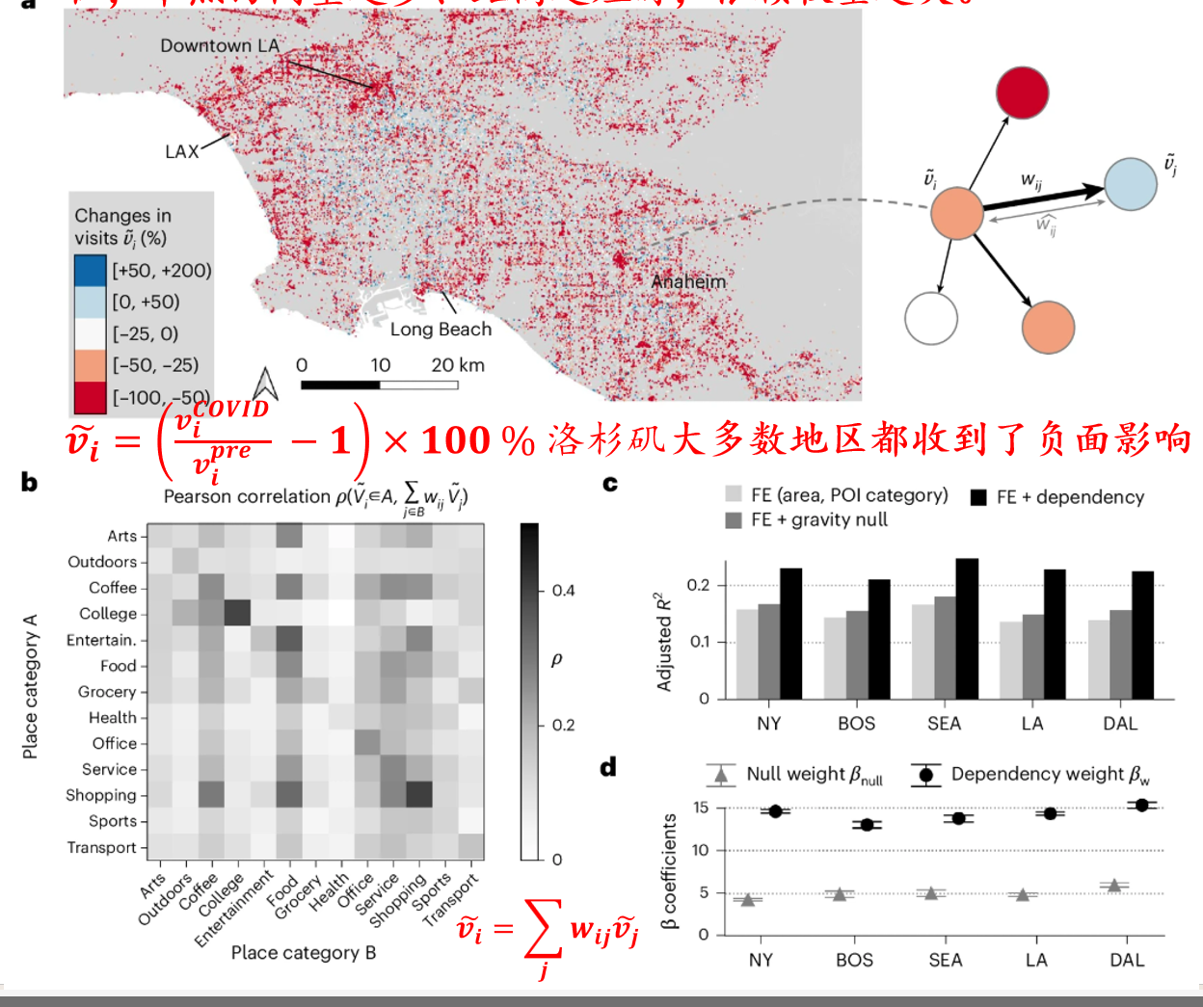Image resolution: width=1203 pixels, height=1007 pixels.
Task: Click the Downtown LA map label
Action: pyautogui.click(x=220, y=45)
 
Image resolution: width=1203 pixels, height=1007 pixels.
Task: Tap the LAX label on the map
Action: pyautogui.click(x=181, y=151)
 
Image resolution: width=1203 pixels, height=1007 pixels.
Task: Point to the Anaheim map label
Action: pyautogui.click(x=688, y=281)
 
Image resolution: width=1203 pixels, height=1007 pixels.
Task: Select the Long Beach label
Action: pyautogui.click(x=441, y=329)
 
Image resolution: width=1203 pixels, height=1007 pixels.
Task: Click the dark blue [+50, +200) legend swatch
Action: pyautogui.click(x=90, y=271)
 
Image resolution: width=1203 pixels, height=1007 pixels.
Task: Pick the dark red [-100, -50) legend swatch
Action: pyautogui.click(x=90, y=397)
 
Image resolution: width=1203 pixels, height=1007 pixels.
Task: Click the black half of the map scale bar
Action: pyautogui.click(x=340, y=384)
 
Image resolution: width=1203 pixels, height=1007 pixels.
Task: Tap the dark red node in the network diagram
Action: pyautogui.click(x=1022, y=93)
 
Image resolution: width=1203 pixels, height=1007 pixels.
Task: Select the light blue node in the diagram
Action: pyautogui.click(x=1130, y=184)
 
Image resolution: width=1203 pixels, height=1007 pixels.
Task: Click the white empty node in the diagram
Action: pyautogui.click(x=931, y=318)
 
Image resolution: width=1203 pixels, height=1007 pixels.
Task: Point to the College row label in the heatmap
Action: pyautogui.click(x=108, y=614)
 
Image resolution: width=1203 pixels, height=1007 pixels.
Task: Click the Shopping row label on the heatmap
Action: pyautogui.click(x=101, y=795)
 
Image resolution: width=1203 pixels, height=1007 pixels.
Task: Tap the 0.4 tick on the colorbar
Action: pyautogui.click(x=563, y=591)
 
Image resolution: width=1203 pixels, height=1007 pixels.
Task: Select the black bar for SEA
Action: pyautogui.click(x=967, y=628)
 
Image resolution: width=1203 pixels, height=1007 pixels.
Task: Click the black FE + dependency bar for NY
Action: pyautogui.click(x=790, y=633)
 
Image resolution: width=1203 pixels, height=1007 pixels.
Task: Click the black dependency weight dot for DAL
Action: pyautogui.click(x=1142, y=805)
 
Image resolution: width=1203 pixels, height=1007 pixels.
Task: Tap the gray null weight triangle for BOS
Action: pyautogui.click(x=840, y=894)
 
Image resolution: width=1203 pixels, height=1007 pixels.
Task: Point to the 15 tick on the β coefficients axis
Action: pyautogui.click(x=701, y=808)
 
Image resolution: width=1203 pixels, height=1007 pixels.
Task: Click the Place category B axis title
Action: pyautogui.click(x=304, y=952)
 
